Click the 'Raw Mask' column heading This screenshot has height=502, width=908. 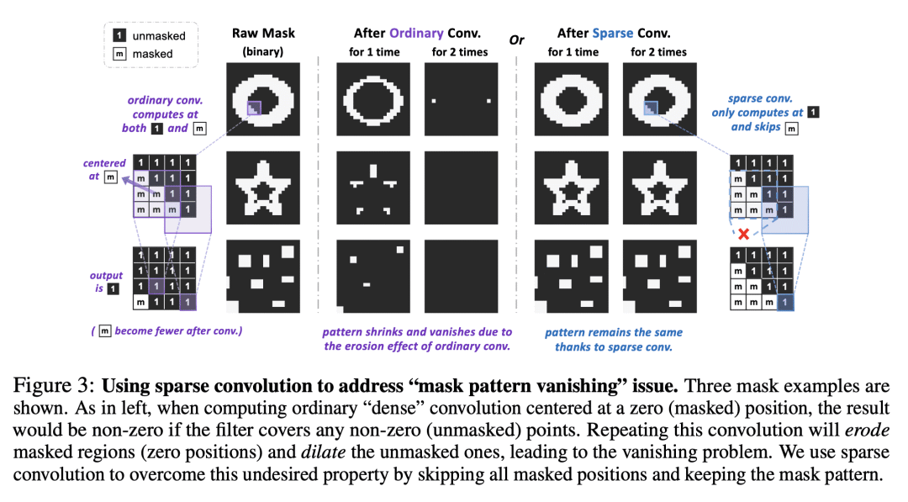click(262, 34)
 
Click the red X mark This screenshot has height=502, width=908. click(743, 235)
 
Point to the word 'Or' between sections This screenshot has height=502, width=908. click(517, 40)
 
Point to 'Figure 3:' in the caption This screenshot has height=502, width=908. click(50, 388)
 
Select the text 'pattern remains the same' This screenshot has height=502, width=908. click(614, 332)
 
